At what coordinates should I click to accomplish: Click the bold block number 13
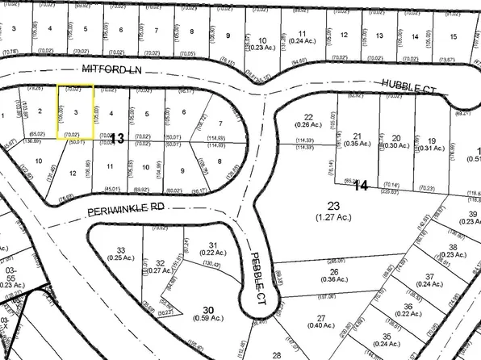point(117,140)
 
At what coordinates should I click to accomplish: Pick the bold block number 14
point(360,186)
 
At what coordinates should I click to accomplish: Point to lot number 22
point(307,116)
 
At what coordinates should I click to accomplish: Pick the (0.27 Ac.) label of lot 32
point(161,272)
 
